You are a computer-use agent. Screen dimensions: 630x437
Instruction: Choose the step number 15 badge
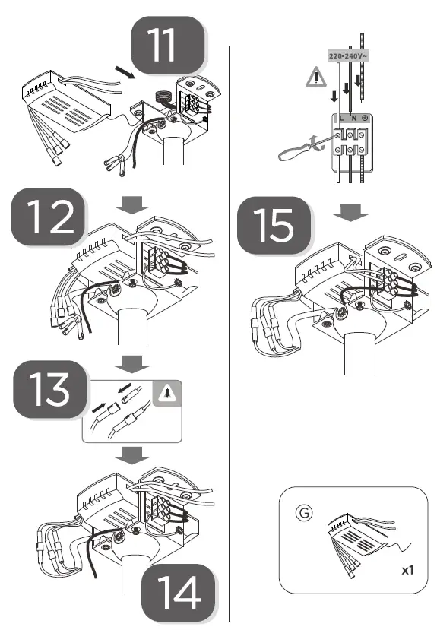[273, 225]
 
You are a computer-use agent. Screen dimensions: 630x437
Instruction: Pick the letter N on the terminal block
[353, 119]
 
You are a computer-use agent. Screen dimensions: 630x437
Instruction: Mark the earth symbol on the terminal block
[366, 119]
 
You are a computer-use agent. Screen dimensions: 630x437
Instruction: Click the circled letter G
[302, 513]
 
